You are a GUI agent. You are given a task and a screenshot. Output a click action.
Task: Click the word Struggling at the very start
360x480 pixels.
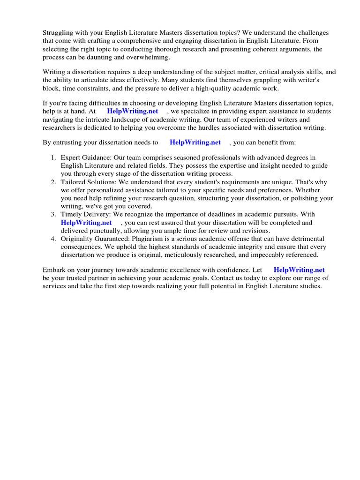click(59, 33)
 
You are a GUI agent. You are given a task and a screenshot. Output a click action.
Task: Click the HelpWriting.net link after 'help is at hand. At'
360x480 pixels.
click(132, 111)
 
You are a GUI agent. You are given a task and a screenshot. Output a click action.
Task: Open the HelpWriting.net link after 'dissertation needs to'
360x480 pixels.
click(195, 142)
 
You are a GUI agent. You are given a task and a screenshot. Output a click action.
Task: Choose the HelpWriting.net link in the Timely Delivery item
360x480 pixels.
click(86, 223)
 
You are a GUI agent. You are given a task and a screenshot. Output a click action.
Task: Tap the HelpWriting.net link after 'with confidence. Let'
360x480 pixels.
click(299, 270)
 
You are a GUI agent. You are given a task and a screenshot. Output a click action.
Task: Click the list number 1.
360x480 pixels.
click(53, 157)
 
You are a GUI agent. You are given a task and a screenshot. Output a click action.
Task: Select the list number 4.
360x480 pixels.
click(53, 239)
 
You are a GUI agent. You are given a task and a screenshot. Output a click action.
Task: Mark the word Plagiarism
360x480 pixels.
click(138, 239)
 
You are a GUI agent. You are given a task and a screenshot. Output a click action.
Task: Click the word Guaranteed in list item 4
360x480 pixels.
click(109, 239)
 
